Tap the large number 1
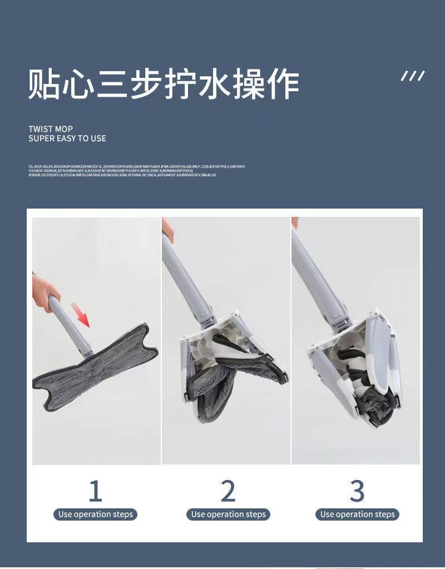[x=96, y=491]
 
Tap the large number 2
[x=228, y=491]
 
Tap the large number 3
[x=357, y=491]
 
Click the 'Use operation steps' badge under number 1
[x=96, y=514]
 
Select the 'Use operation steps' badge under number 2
[x=228, y=514]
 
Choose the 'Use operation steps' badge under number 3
[x=357, y=514]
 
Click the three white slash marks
[x=413, y=76]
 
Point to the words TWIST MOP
[x=51, y=128]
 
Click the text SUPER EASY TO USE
[x=67, y=138]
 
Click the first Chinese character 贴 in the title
[x=45, y=85]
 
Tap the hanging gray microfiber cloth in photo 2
[x=214, y=384]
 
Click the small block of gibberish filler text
[x=136, y=171]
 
